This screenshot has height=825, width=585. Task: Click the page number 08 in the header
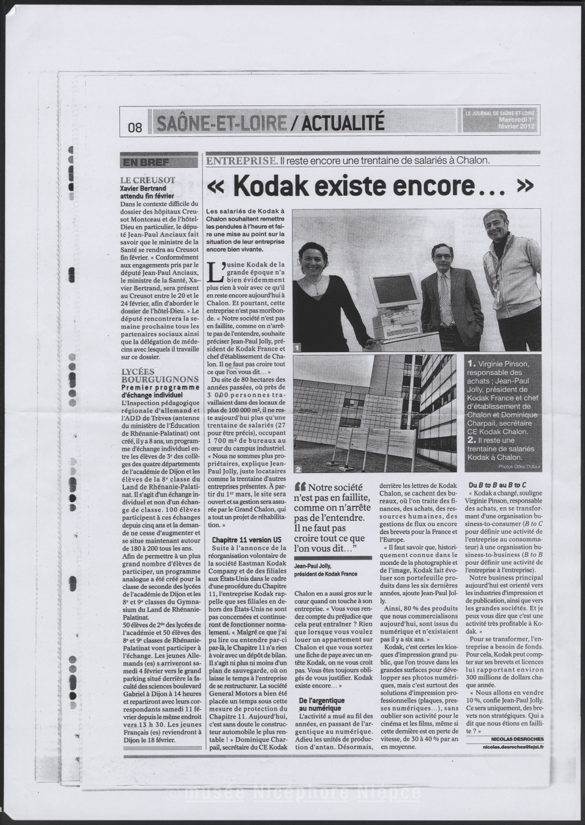(x=135, y=128)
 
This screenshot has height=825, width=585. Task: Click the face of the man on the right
(x=495, y=226)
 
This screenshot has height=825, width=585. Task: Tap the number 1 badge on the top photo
(x=298, y=346)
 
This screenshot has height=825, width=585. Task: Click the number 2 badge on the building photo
(x=298, y=469)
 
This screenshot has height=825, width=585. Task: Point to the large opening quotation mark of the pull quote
(x=299, y=487)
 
